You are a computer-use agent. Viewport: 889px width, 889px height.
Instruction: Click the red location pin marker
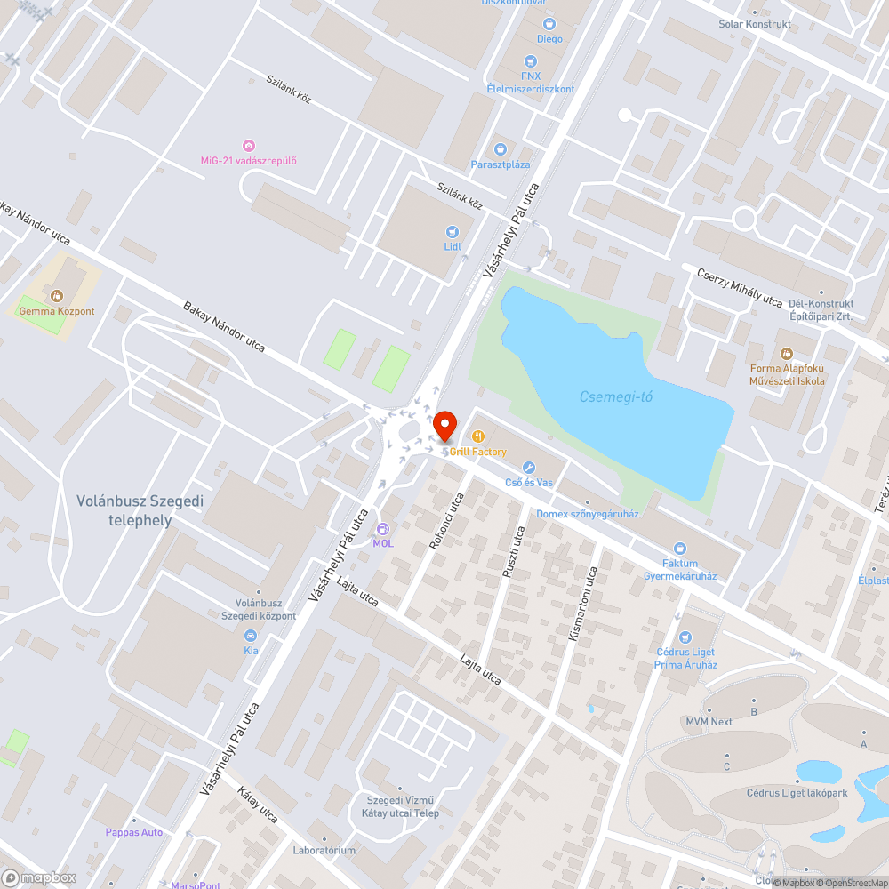click(x=444, y=426)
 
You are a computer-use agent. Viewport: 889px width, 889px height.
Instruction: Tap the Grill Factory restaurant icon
click(x=478, y=436)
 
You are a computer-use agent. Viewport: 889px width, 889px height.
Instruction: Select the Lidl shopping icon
click(x=453, y=231)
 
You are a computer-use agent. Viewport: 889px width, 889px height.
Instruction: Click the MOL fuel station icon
click(x=383, y=529)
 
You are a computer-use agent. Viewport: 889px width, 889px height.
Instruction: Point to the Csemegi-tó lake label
click(x=616, y=396)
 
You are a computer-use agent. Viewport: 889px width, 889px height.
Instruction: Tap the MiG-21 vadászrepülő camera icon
click(x=248, y=146)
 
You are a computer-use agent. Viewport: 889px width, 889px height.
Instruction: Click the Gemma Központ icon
click(x=57, y=296)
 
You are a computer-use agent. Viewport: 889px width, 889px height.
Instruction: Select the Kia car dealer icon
click(x=251, y=636)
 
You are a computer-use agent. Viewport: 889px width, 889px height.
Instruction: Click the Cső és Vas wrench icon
click(x=528, y=468)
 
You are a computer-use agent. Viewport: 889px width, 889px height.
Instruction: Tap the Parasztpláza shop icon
click(x=500, y=149)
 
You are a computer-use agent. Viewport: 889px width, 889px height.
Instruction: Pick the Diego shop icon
click(x=549, y=24)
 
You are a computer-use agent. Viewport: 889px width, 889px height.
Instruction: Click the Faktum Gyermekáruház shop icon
click(x=680, y=549)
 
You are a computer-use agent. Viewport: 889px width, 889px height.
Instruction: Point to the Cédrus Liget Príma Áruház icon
click(x=685, y=637)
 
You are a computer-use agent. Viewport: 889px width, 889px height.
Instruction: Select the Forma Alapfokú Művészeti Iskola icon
click(x=788, y=354)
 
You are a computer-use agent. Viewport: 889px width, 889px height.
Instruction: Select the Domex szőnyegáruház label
click(x=588, y=514)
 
